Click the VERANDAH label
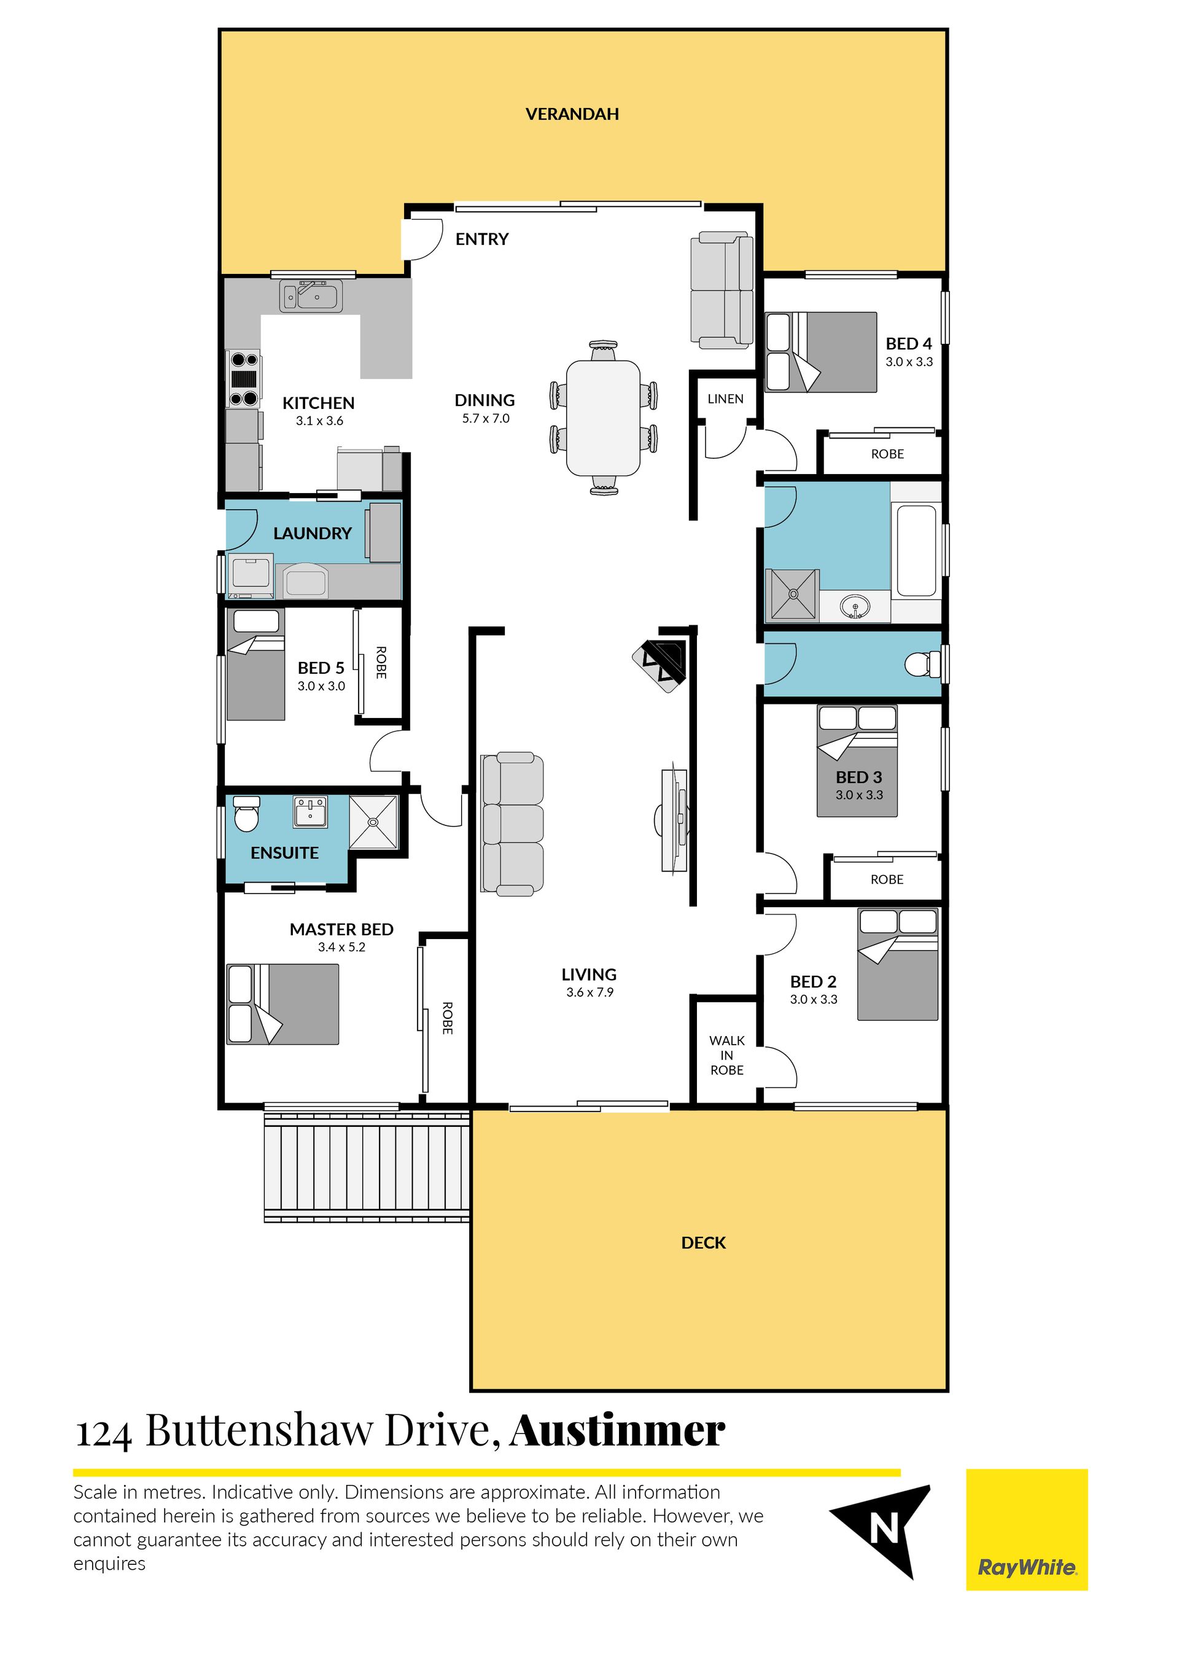coord(572,114)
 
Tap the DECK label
coord(703,1243)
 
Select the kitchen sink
coord(311,297)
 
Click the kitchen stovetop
coord(244,378)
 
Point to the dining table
coord(603,418)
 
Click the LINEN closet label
coord(725,399)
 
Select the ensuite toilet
coord(247,814)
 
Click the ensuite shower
coord(373,822)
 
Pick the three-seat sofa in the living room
coord(512,823)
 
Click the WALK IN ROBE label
coord(726,1056)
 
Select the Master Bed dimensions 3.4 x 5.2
coord(341,948)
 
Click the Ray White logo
coord(1027,1530)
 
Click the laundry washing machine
coord(251,576)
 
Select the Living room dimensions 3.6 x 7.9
coord(590,992)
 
